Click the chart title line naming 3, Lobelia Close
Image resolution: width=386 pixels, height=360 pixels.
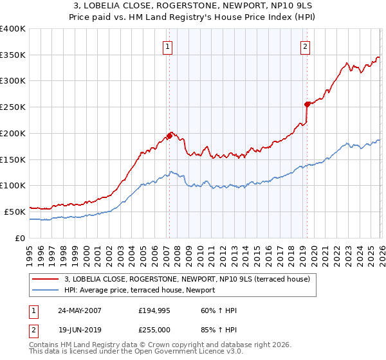(193, 6)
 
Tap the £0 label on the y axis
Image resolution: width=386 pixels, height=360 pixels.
(21, 238)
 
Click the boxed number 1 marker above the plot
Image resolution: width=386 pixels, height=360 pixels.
(167, 46)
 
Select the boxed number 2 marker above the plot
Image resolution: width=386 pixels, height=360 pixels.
(304, 46)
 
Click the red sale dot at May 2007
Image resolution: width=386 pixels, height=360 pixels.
(169, 136)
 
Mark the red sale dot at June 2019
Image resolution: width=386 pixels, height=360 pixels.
(307, 104)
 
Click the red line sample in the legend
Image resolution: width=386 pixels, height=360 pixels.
(46, 279)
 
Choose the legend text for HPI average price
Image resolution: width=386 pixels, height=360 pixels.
(140, 290)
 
